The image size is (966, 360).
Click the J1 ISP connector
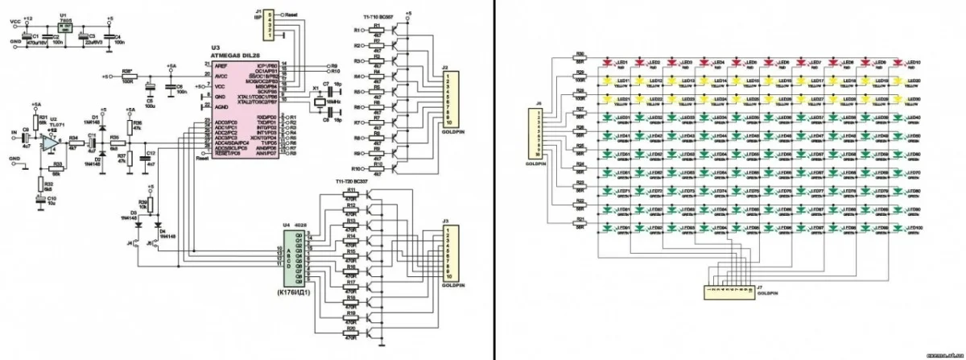(x=271, y=24)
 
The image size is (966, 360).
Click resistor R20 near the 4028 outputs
(x=350, y=332)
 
